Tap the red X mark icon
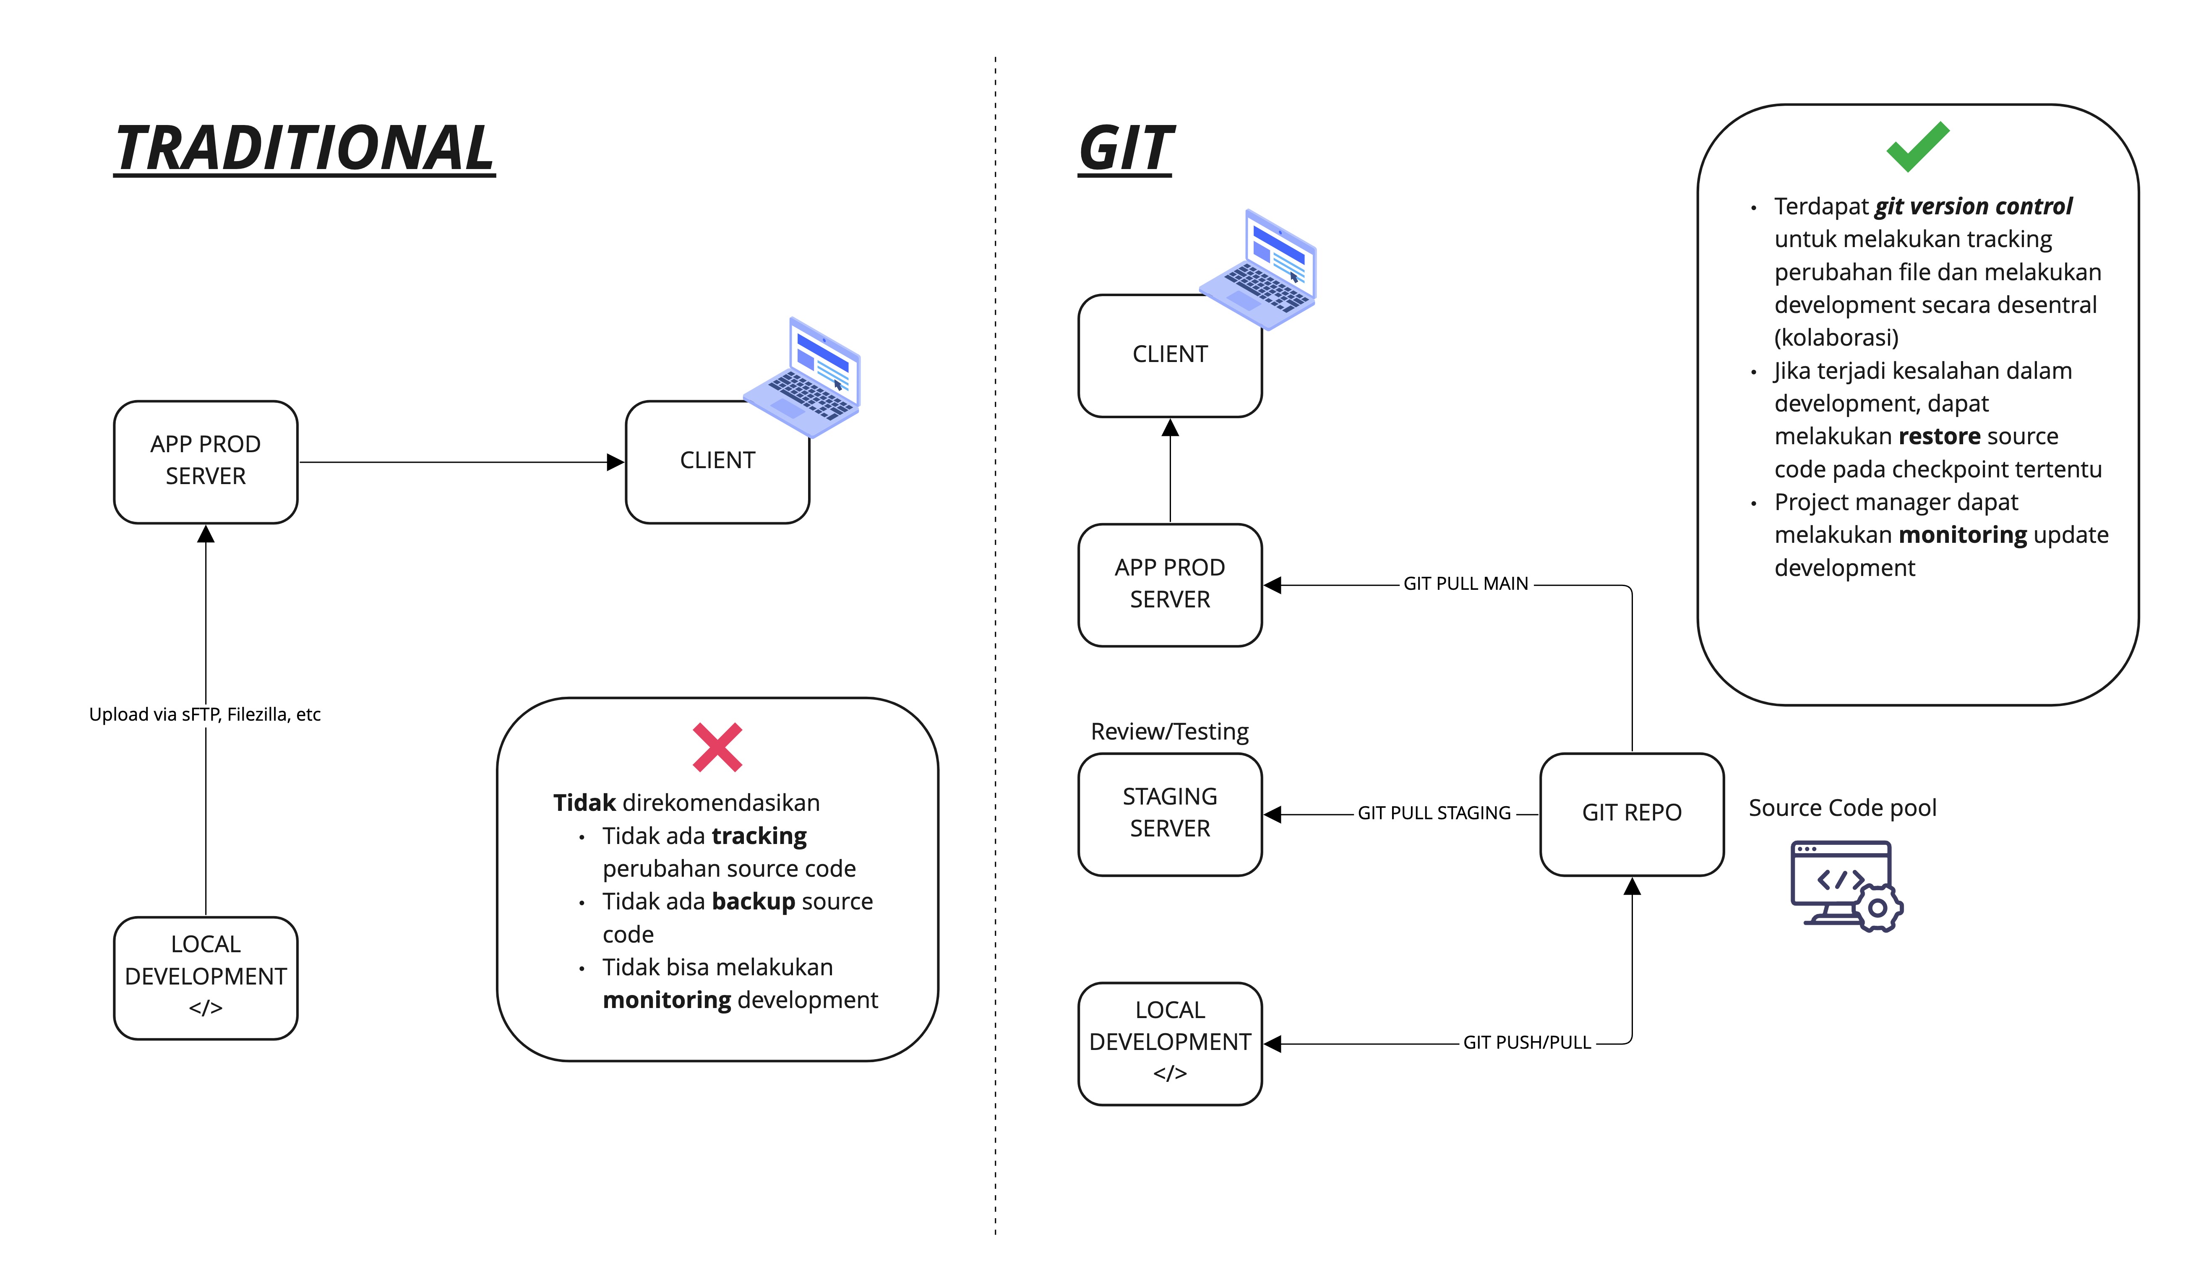click(x=717, y=748)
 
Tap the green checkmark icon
click(x=1917, y=147)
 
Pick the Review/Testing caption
click(x=1169, y=732)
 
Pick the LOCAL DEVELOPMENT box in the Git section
click(x=1169, y=1043)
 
